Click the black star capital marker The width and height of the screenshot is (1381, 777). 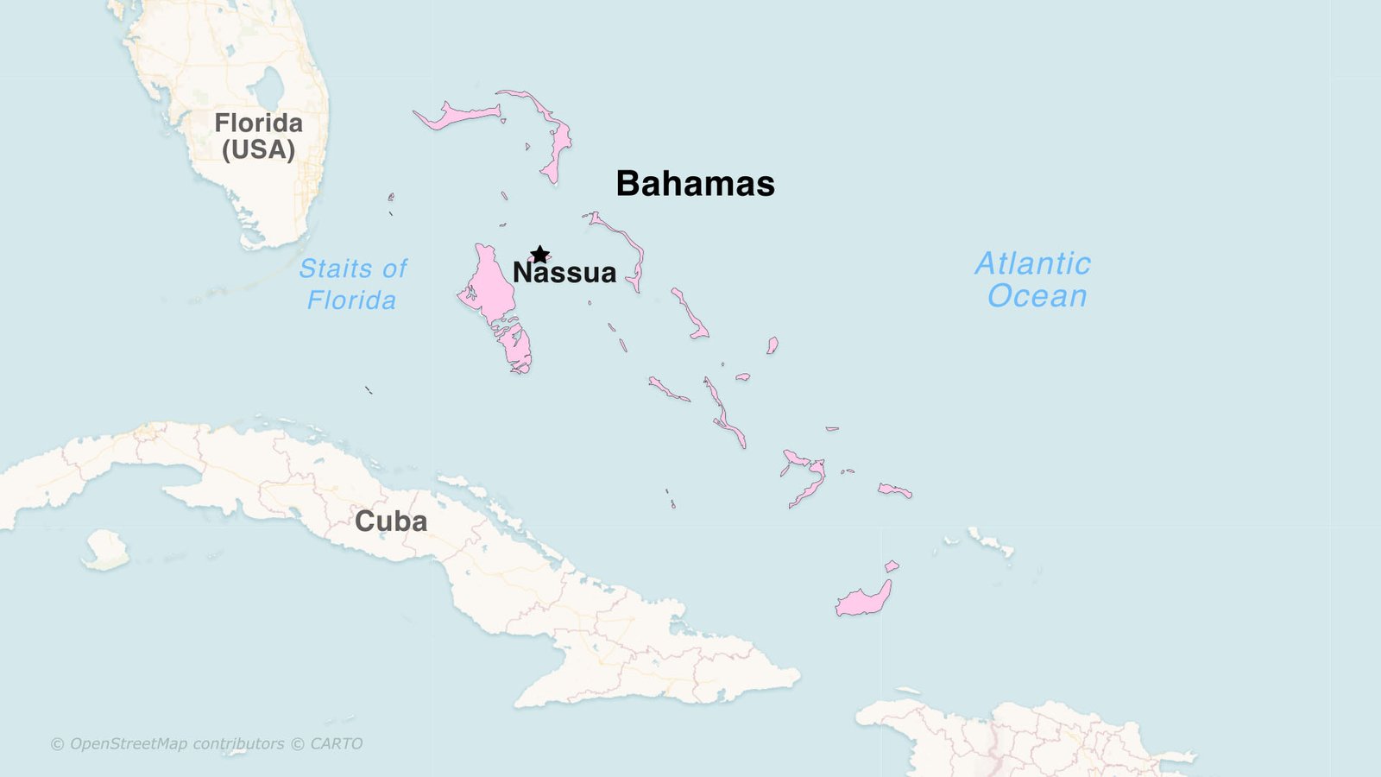(539, 255)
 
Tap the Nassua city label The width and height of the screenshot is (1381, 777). (564, 273)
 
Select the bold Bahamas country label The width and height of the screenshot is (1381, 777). (695, 184)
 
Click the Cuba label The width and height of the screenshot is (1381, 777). (391, 521)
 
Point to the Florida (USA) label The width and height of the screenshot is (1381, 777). (259, 136)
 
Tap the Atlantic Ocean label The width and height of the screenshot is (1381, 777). (1034, 280)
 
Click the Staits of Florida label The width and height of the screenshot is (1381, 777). (353, 284)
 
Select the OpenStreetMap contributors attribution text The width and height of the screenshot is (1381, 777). (177, 744)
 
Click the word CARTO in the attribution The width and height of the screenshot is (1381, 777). (336, 744)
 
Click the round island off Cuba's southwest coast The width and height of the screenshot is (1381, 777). (106, 549)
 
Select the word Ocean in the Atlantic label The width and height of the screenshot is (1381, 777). (1037, 296)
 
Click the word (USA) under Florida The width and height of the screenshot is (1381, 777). (259, 150)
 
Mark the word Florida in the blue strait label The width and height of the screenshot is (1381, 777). (351, 300)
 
